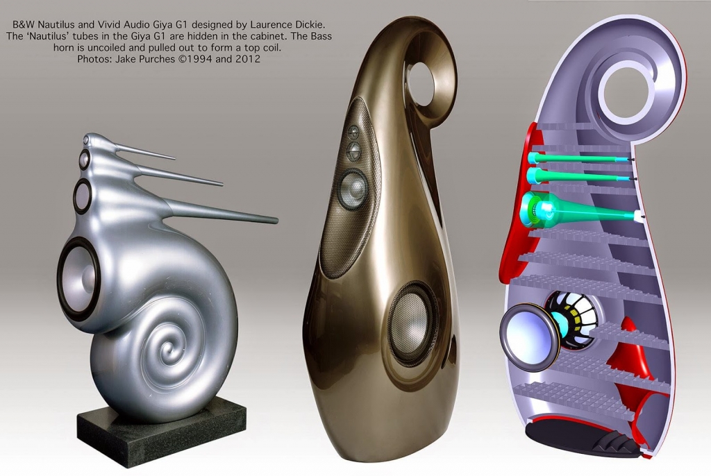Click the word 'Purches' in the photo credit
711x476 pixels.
[x=158, y=59]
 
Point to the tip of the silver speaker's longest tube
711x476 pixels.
[x=276, y=221]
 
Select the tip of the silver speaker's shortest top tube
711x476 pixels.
[x=174, y=158]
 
